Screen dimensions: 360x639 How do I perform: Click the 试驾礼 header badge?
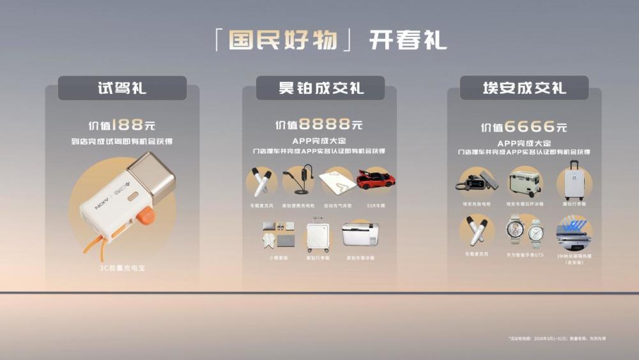pos(122,88)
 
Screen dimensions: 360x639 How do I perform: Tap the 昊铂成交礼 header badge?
pos(320,88)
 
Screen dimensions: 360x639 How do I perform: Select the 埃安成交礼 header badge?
pos(524,88)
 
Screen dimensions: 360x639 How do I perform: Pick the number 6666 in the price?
pos(529,127)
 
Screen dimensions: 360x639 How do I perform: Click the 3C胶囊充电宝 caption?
pos(122,268)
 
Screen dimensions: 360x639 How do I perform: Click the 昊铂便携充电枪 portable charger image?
pos(300,180)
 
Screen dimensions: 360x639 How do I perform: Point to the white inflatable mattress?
pos(338,181)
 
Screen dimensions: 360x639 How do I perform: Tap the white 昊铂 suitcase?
pos(318,235)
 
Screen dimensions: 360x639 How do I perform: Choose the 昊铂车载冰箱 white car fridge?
pos(360,234)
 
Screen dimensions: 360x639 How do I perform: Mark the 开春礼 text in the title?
pos(408,40)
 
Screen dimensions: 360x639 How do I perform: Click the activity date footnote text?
pos(556,338)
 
